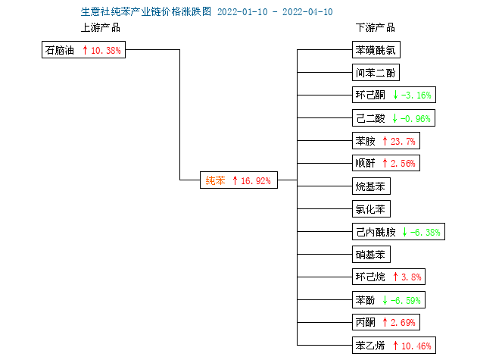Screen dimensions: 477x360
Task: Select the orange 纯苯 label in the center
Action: click(215, 180)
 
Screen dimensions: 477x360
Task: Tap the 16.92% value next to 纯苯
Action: click(256, 181)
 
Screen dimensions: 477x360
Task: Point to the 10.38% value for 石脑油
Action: click(106, 50)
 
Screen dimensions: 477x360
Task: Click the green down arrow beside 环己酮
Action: click(395, 95)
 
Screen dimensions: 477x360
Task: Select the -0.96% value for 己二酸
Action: click(416, 118)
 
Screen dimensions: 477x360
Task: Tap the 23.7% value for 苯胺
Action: click(403, 141)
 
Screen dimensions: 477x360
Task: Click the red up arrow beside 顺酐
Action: click(385, 163)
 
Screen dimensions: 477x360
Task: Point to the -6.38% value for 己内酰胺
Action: click(426, 233)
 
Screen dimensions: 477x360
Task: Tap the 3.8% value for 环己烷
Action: click(411, 277)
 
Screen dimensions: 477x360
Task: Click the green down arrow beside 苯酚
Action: click(385, 300)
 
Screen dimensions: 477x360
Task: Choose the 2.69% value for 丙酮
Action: click(403, 322)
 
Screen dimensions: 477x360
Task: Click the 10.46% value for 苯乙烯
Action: click(416, 346)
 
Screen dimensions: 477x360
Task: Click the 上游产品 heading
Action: click(101, 27)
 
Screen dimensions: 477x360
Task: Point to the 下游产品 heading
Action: click(376, 27)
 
